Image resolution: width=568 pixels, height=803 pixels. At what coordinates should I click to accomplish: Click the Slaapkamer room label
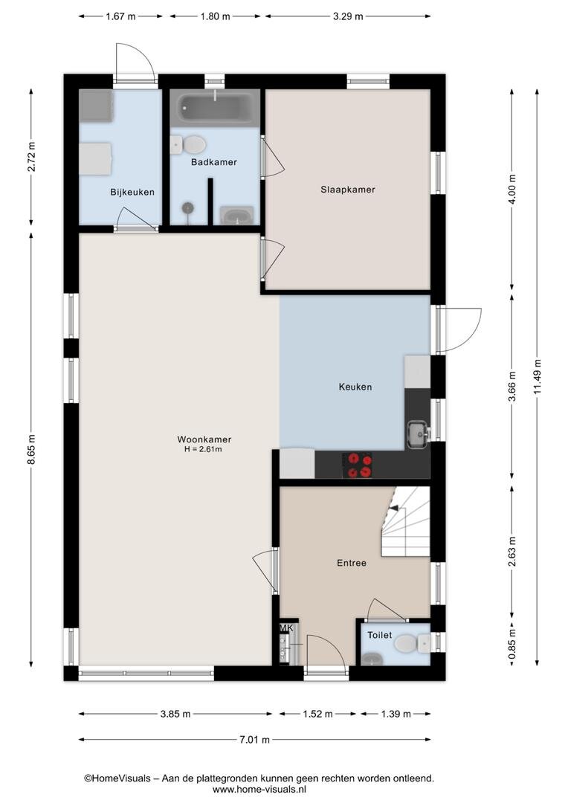(x=348, y=190)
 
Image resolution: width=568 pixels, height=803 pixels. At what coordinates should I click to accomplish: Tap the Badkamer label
(x=214, y=162)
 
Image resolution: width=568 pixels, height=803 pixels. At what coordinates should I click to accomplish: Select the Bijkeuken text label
(x=132, y=192)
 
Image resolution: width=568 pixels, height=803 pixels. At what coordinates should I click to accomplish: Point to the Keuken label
(x=355, y=387)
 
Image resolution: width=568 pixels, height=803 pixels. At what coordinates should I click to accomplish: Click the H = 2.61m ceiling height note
(x=203, y=449)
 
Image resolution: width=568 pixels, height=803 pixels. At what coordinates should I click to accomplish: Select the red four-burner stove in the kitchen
(x=358, y=465)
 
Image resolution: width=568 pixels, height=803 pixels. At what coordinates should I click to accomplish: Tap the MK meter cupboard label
(x=286, y=628)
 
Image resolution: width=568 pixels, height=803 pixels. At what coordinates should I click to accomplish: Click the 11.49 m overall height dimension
(x=537, y=377)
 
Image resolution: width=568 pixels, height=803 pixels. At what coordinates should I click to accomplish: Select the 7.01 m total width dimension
(x=254, y=740)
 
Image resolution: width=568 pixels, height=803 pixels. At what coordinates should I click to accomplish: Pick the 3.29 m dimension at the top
(x=348, y=16)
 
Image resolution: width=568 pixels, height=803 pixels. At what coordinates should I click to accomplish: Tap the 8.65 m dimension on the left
(x=31, y=450)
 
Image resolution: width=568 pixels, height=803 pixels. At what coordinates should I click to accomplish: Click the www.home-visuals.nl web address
(x=259, y=790)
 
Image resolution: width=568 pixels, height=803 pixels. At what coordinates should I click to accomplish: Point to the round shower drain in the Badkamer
(x=188, y=207)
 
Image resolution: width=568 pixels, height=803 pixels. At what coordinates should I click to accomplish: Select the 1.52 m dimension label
(x=317, y=714)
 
